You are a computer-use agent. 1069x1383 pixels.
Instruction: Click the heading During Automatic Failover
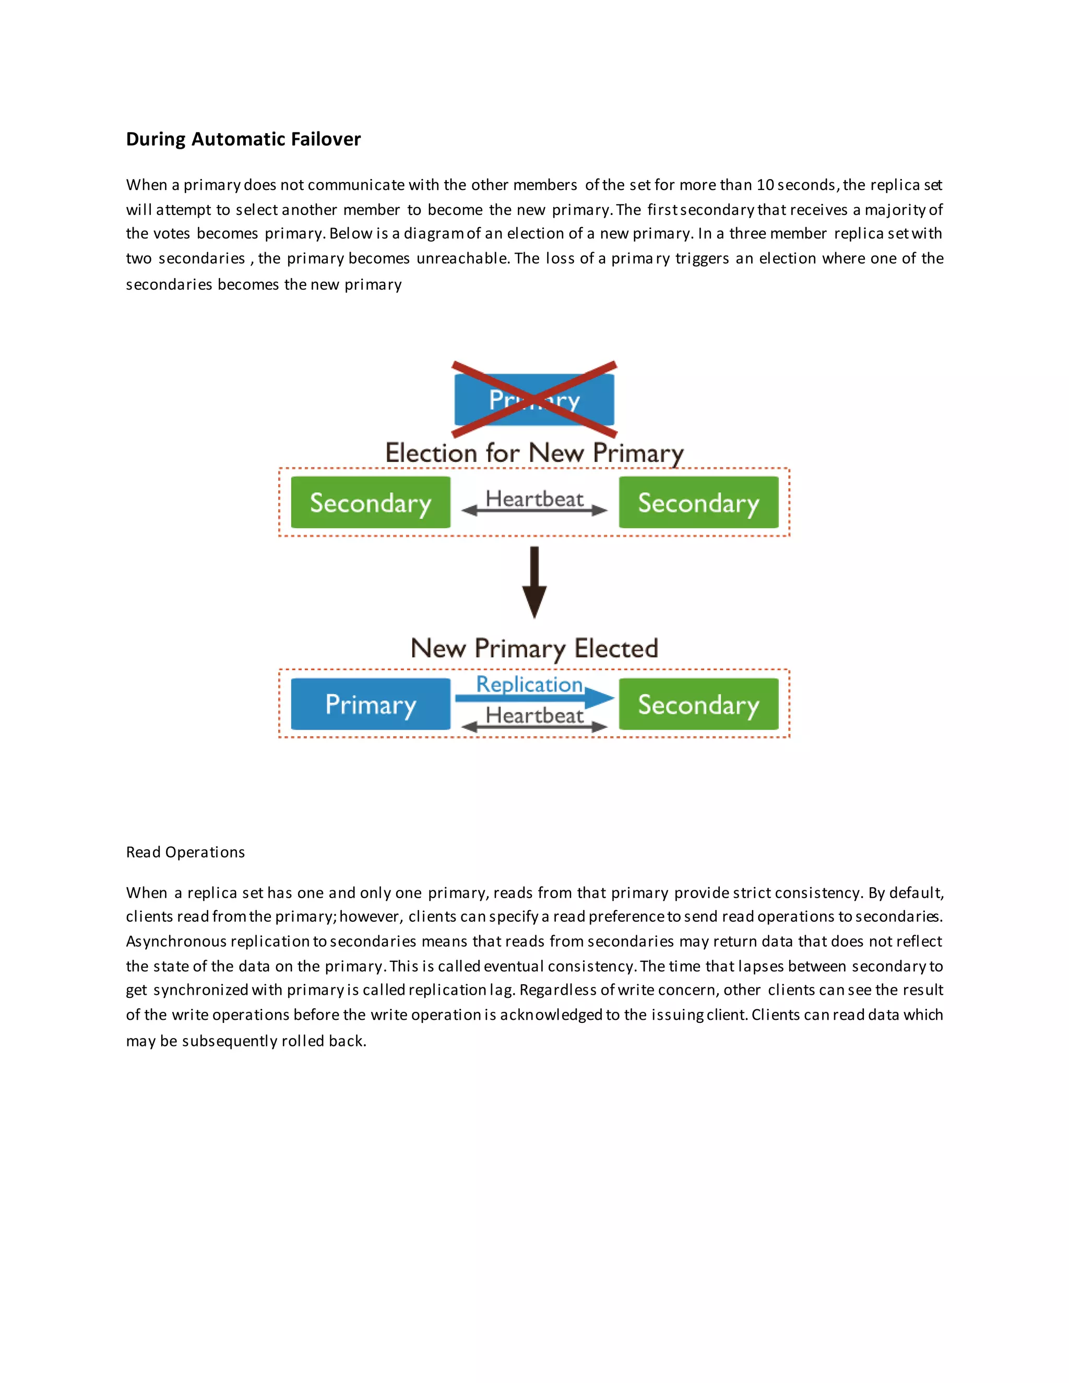pos(243,139)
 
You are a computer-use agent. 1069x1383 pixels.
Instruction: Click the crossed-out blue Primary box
pos(534,400)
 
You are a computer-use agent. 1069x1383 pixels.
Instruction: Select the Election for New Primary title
pos(534,454)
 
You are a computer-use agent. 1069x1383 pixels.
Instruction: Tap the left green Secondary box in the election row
pos(371,503)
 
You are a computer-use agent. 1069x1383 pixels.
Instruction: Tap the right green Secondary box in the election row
pos(698,503)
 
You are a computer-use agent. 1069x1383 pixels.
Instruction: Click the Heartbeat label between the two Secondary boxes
pos(534,499)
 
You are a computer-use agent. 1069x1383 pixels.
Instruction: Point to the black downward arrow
pos(534,582)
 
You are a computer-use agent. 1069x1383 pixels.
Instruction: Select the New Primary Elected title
pos(534,648)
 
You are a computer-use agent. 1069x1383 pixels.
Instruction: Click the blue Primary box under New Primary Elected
pos(371,704)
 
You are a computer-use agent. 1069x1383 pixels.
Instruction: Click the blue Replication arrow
pos(534,698)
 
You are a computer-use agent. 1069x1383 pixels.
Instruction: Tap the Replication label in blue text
pos(529,684)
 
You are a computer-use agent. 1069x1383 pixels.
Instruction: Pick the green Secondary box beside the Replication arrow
pos(698,704)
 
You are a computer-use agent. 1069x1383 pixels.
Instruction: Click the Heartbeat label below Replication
pos(534,716)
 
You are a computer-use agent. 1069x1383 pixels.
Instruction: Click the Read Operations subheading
pos(185,852)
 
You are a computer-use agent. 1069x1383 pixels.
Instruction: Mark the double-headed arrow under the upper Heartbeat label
pos(534,510)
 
